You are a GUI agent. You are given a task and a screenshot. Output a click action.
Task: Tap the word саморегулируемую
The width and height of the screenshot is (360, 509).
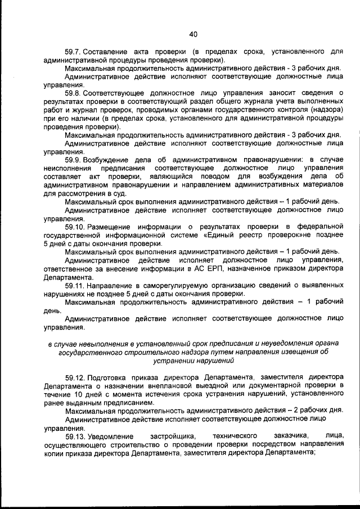pos(165,286)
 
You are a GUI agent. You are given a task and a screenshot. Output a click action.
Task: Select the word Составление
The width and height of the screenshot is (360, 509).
pos(111,51)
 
